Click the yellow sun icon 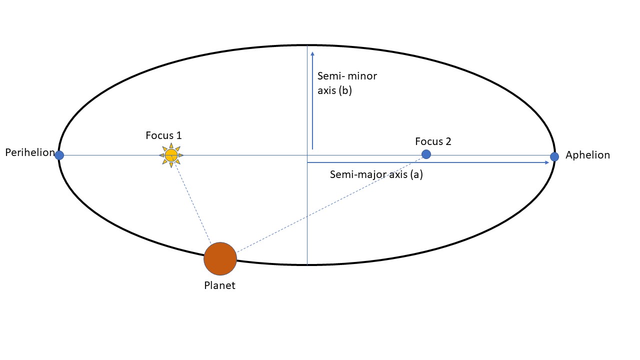point(171,155)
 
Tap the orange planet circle point(220,259)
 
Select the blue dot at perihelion point(59,155)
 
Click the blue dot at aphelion point(554,157)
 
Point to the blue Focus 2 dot point(426,154)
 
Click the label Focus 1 point(163,135)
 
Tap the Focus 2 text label point(433,141)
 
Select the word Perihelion point(29,152)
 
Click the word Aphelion point(587,155)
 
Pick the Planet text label point(219,286)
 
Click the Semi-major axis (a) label point(376,175)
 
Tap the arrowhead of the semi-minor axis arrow point(312,53)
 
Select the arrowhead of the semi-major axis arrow point(546,163)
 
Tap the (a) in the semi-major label point(415,175)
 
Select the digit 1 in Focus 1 point(178,135)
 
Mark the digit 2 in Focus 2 point(448,141)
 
